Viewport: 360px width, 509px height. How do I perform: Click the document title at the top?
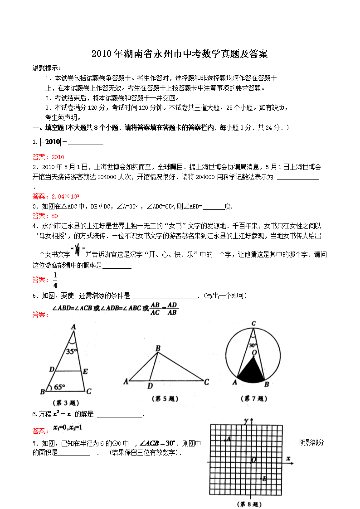(180, 54)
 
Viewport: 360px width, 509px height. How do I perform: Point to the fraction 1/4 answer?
(55, 280)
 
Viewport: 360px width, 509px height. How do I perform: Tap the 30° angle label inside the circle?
(253, 344)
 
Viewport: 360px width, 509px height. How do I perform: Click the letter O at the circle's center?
(254, 352)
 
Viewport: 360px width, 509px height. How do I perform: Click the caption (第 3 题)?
(67, 402)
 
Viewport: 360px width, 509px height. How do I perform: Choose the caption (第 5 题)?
(164, 399)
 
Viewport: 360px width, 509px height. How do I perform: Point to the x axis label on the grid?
(288, 459)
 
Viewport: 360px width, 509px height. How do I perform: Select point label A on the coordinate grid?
(229, 438)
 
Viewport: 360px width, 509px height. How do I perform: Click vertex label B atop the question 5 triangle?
(158, 348)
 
